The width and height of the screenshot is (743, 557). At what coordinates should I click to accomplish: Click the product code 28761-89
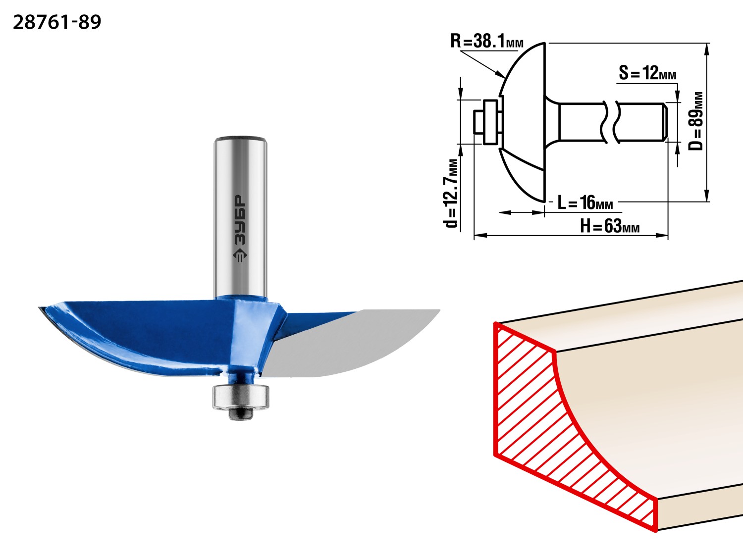point(57,22)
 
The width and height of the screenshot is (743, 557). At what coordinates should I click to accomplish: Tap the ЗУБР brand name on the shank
point(239,219)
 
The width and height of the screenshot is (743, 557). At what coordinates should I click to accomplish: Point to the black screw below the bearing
point(240,413)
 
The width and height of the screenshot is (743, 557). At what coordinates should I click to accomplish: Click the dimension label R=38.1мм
point(486,41)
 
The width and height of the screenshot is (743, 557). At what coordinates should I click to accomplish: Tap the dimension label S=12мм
point(647,73)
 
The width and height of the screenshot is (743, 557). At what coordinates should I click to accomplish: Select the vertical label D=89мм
point(697,121)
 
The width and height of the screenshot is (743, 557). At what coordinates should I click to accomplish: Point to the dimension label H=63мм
point(609,227)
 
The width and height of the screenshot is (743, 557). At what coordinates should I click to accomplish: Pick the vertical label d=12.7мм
point(452,193)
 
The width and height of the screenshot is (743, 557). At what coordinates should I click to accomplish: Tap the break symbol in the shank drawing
point(610,122)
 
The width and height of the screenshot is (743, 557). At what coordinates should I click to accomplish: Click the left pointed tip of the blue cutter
point(41,308)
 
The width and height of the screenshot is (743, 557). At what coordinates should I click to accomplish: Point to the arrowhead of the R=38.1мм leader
point(503,77)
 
